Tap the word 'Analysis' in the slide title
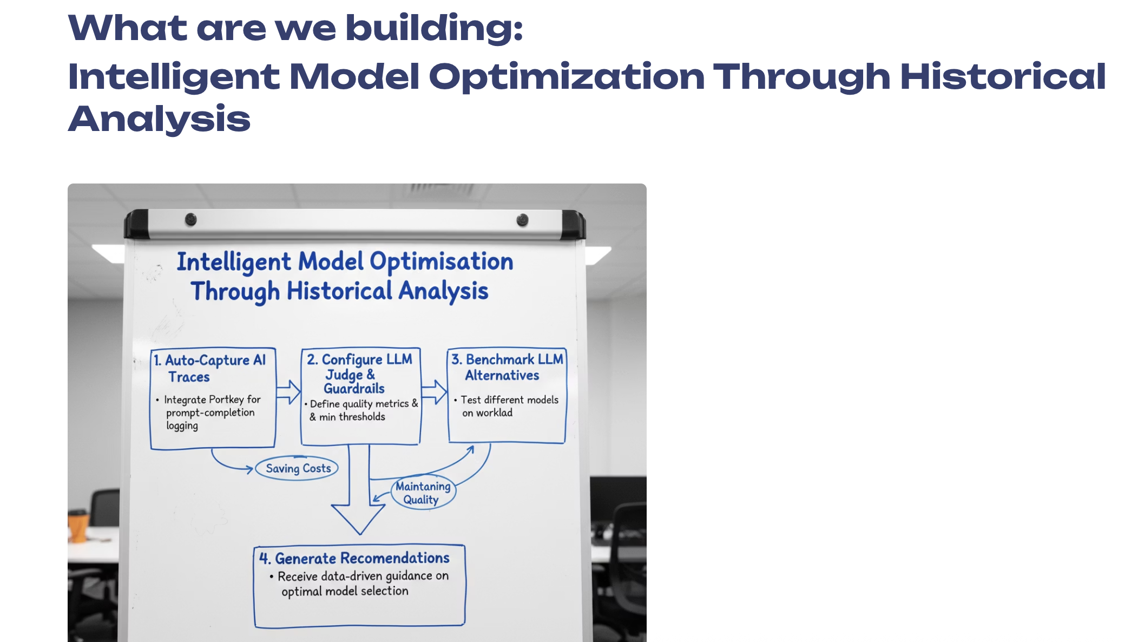(x=159, y=119)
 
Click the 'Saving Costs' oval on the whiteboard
(x=298, y=468)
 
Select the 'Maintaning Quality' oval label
(x=423, y=493)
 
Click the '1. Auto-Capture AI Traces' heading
(x=210, y=368)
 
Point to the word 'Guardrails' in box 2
(x=354, y=389)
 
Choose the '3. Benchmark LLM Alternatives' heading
(x=507, y=367)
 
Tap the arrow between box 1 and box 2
(x=288, y=392)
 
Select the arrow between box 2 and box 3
(x=434, y=392)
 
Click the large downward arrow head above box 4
(x=358, y=519)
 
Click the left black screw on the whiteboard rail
(x=190, y=219)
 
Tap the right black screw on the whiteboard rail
(x=522, y=220)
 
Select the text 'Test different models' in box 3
(x=509, y=399)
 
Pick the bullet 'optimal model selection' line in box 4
(x=345, y=591)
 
